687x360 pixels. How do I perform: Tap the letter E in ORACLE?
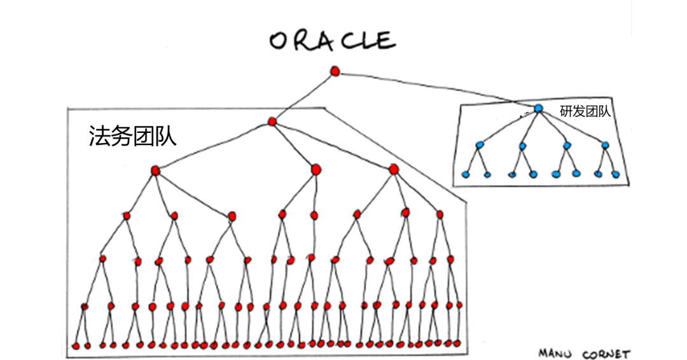pos(384,41)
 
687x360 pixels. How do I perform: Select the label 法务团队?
pos(132,136)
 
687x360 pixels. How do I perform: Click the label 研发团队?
pos(585,112)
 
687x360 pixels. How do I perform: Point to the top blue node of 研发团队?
pos(538,109)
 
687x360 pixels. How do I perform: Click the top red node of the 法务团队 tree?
pos(272,121)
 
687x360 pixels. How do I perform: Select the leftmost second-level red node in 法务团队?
pos(155,170)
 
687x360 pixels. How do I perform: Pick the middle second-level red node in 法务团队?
pos(316,169)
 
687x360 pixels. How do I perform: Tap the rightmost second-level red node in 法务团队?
pos(394,169)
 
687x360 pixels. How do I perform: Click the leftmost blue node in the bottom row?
pos(465,174)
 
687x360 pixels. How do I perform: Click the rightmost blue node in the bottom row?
pos(615,174)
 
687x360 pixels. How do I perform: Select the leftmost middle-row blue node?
pos(480,145)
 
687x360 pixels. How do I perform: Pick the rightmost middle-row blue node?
pos(605,145)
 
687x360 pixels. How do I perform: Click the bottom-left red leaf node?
pos(74,346)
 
